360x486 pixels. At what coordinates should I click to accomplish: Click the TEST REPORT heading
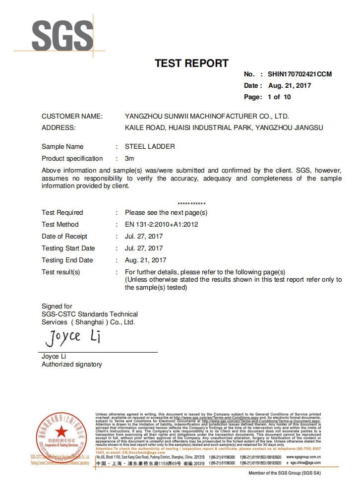(191, 63)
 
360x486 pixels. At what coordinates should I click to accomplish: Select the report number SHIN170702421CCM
(300, 74)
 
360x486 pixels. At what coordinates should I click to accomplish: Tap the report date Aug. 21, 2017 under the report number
(290, 85)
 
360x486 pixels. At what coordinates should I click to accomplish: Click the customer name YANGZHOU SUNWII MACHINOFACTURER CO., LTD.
(206, 116)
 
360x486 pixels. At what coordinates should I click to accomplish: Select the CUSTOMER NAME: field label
(72, 116)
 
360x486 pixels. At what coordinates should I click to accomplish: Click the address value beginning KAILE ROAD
(224, 127)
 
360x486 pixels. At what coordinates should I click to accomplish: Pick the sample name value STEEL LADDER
(150, 146)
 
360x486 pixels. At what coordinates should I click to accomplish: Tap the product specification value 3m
(129, 158)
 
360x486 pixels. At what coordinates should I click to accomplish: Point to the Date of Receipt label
(64, 236)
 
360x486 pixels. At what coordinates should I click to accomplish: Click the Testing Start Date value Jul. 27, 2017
(144, 248)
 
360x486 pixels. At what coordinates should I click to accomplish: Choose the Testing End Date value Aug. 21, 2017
(145, 260)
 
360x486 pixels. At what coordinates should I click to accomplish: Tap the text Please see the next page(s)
(166, 212)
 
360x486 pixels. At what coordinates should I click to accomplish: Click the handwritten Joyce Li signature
(73, 338)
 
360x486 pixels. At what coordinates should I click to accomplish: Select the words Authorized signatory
(72, 364)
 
